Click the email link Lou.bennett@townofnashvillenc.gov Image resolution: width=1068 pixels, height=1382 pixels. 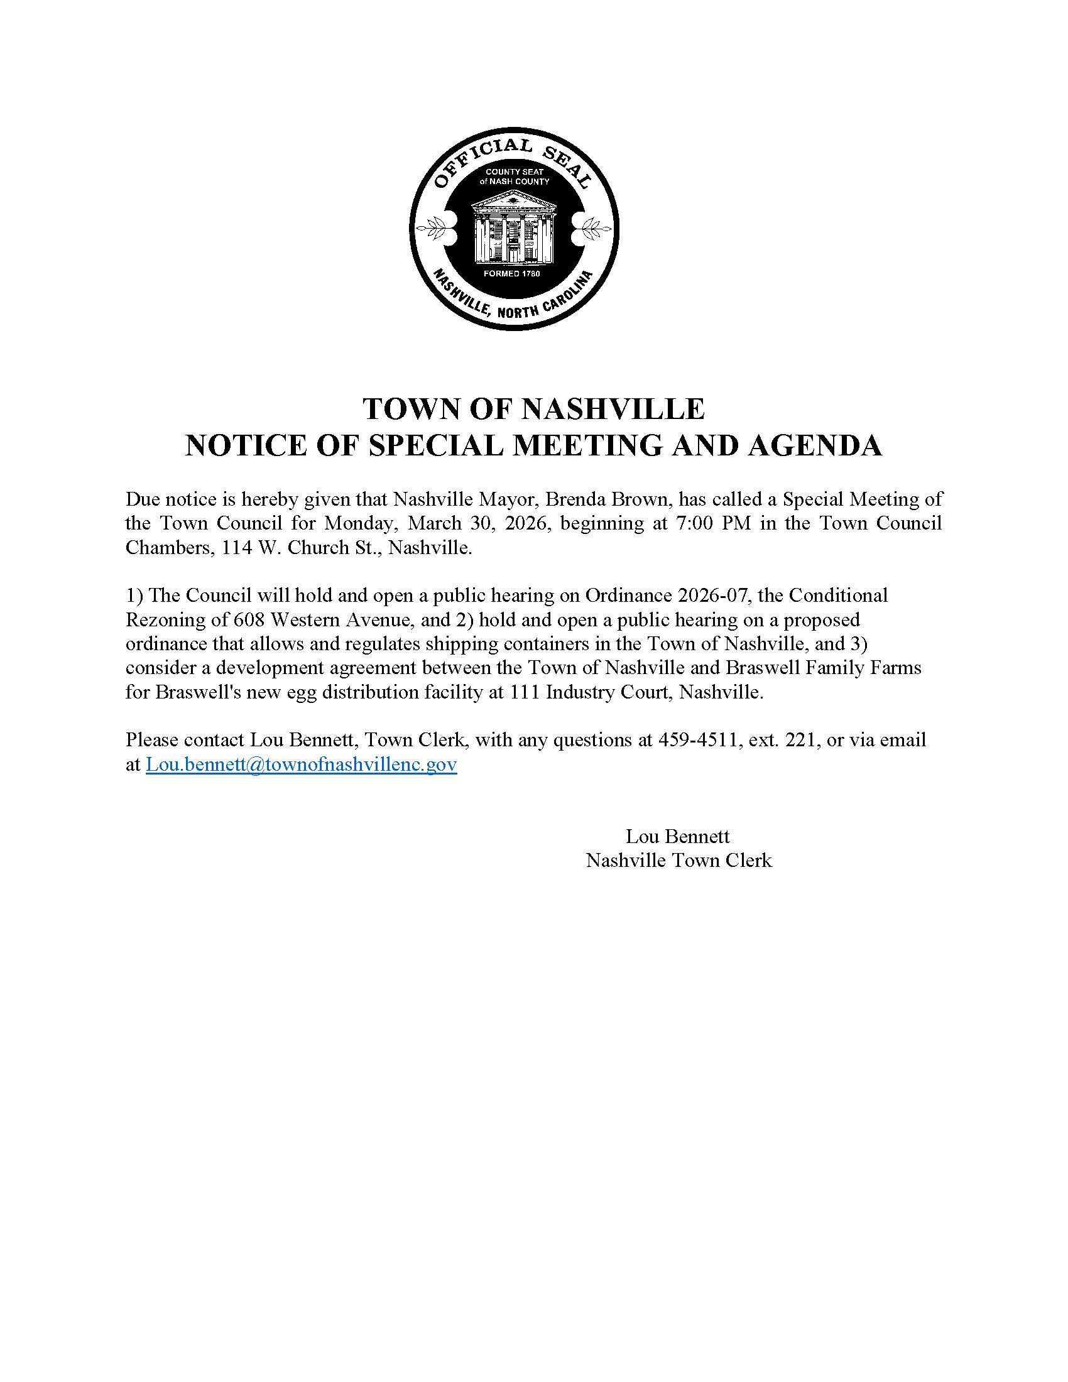pyautogui.click(x=301, y=764)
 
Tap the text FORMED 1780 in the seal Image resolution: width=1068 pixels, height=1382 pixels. pyautogui.click(x=511, y=274)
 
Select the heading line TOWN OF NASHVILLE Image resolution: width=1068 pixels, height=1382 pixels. pyautogui.click(x=533, y=410)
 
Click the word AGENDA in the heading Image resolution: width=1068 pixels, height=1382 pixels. pyautogui.click(x=814, y=446)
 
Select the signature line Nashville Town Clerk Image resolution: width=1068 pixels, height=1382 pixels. pyautogui.click(x=678, y=861)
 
